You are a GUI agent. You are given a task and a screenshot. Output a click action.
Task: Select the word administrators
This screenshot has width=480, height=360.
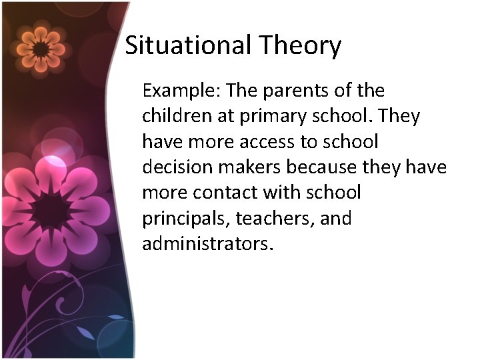coord(207,244)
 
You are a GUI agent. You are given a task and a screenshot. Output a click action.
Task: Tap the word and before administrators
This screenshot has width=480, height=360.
coord(335,219)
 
